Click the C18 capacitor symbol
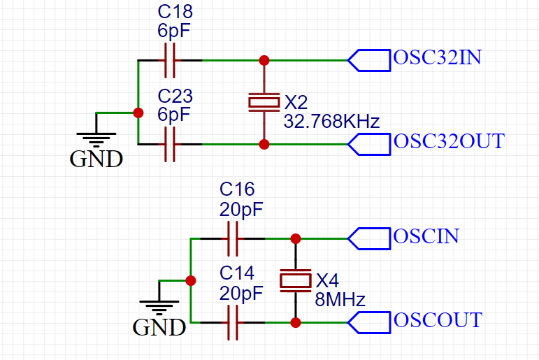(169, 61)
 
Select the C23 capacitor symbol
(169, 145)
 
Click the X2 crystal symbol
(264, 102)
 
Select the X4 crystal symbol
(296, 280)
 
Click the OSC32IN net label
(437, 58)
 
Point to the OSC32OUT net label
(448, 141)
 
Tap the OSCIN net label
(426, 236)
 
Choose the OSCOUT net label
(438, 320)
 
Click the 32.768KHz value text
(331, 122)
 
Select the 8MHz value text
(340, 300)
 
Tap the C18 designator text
(175, 13)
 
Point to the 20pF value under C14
(241, 292)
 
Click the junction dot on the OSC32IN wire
(264, 60)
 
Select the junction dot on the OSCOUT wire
(296, 322)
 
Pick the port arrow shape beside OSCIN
(369, 238)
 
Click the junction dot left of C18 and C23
(138, 113)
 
